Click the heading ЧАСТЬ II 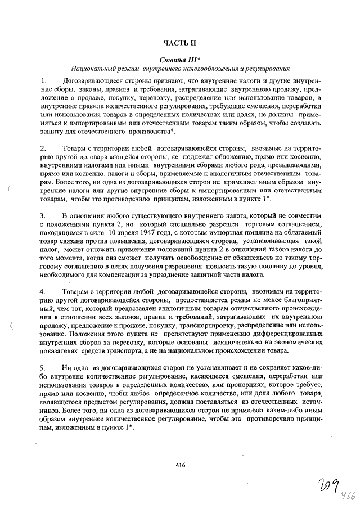(x=179, y=43)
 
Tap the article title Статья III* (x=179, y=59)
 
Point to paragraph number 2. (x=44, y=149)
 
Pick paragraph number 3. (x=44, y=216)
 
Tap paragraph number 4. (x=44, y=292)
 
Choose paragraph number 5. (x=44, y=368)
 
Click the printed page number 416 (x=180, y=465)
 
